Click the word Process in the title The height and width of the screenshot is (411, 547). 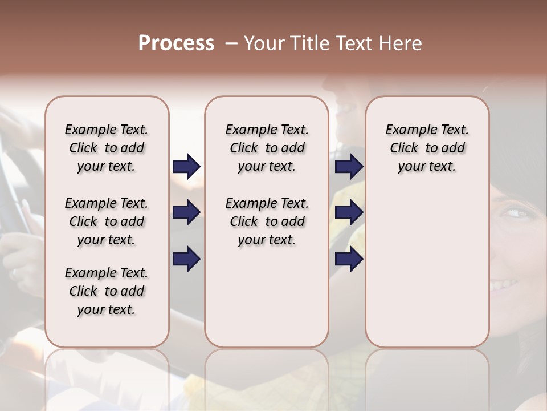(x=176, y=43)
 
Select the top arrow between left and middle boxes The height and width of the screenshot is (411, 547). (x=186, y=167)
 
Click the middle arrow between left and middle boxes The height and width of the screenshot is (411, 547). (x=186, y=213)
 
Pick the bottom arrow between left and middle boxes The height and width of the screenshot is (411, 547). (x=186, y=259)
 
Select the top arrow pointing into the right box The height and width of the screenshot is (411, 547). (x=349, y=167)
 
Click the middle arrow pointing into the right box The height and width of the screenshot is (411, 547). (x=349, y=213)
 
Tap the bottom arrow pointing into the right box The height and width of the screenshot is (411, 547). (x=349, y=259)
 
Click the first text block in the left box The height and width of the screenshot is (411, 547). (x=107, y=148)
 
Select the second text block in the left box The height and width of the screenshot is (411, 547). (x=107, y=221)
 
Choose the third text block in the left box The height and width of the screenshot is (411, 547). (x=107, y=291)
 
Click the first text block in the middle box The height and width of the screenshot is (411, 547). (x=267, y=148)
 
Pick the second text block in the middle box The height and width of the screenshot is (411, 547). (x=267, y=221)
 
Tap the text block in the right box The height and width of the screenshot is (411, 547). (x=427, y=148)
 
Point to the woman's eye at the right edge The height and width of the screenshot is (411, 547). (x=516, y=213)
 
